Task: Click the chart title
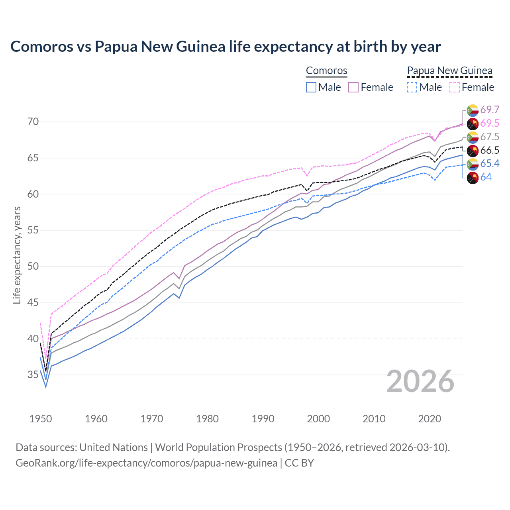click(x=226, y=47)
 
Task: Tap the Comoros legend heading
click(x=326, y=71)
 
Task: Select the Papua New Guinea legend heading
click(x=449, y=71)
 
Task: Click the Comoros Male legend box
click(x=311, y=87)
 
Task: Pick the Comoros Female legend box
click(x=353, y=87)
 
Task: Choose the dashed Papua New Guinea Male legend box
click(x=412, y=87)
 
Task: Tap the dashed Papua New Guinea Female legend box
click(x=455, y=87)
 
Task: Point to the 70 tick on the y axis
click(x=33, y=122)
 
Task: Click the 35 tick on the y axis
click(x=33, y=375)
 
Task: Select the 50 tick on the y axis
click(x=33, y=266)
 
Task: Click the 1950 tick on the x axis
click(x=41, y=419)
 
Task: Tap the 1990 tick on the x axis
click(x=263, y=419)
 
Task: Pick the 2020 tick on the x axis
click(x=430, y=419)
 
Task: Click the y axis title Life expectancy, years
click(x=17, y=255)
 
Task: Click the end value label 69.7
click(x=490, y=110)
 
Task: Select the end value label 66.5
click(x=490, y=150)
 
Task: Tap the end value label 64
click(x=486, y=177)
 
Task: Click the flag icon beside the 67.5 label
click(x=473, y=137)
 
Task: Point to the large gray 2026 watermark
click(x=420, y=381)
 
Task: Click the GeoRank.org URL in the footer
click(x=146, y=463)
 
